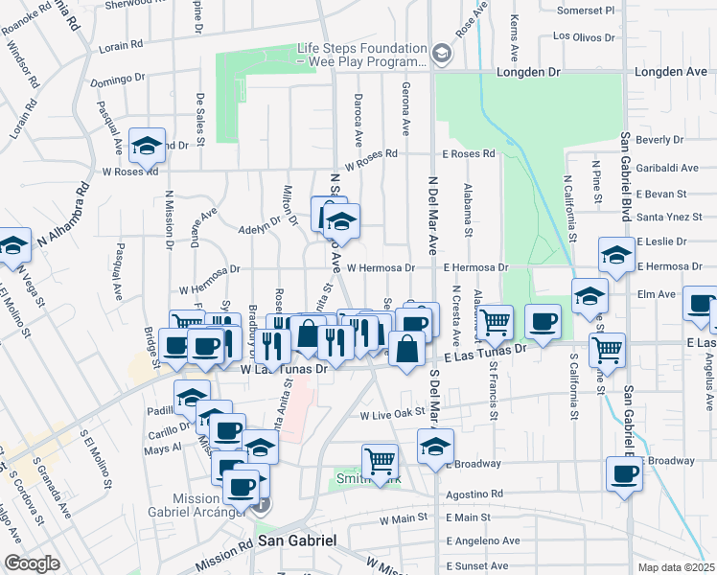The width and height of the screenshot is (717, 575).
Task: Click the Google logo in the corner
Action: coord(31,563)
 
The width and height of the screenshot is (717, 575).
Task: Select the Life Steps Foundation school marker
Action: coord(440,53)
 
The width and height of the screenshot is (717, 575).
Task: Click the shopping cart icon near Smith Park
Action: coord(380,461)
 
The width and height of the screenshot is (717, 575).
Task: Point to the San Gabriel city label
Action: coord(297,541)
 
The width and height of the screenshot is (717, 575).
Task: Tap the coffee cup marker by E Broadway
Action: coord(623,472)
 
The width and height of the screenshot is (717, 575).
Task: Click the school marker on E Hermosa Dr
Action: coord(614,256)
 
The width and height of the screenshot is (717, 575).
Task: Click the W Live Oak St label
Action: coord(391,415)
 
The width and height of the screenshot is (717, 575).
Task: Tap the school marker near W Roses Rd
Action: coord(147,146)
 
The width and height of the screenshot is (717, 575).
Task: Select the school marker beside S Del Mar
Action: coord(434,445)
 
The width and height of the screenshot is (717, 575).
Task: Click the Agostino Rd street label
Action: coord(475,495)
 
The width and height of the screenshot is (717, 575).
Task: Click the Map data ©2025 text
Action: coord(676,566)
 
